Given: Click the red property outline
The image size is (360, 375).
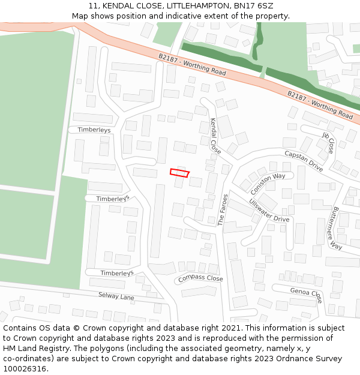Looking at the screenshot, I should click(x=179, y=173).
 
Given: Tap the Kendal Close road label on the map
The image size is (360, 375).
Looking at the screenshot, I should click(x=215, y=136).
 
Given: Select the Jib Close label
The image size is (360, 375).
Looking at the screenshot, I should click(x=329, y=142).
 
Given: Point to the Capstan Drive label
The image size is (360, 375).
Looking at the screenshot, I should click(x=304, y=161).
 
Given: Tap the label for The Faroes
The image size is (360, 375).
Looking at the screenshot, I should click(x=223, y=209).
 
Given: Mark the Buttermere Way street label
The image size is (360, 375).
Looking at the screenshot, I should click(x=335, y=229).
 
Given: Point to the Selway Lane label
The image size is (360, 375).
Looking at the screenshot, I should click(x=116, y=296).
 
